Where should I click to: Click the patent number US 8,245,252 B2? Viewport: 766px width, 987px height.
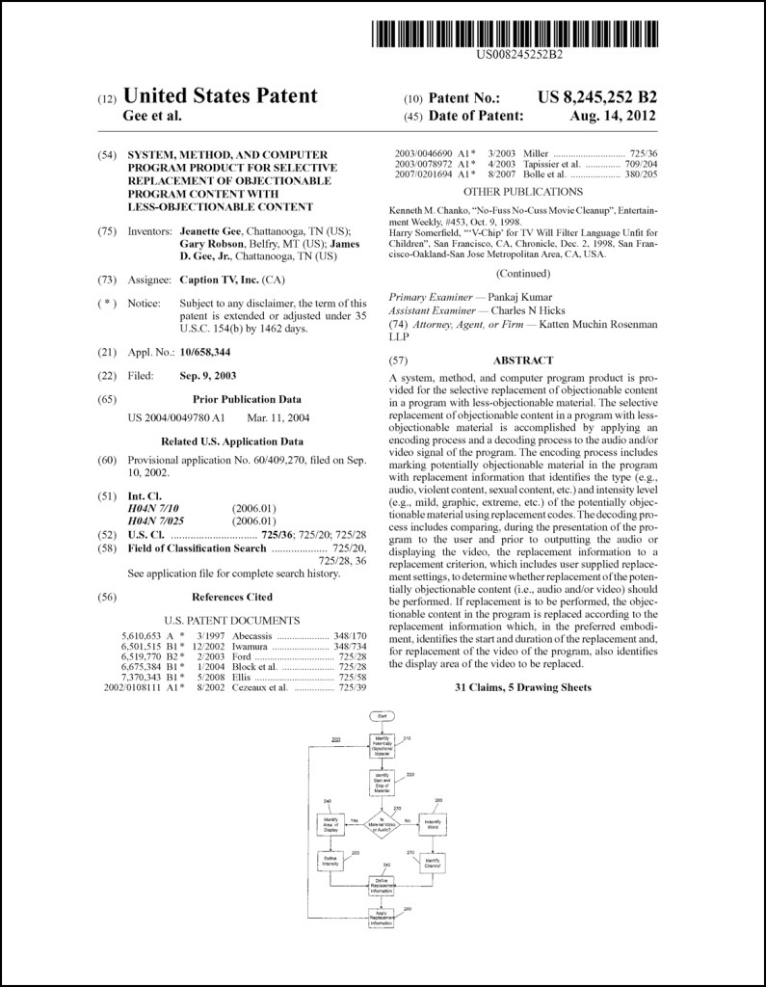597,96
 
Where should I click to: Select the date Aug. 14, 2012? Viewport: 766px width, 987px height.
613,116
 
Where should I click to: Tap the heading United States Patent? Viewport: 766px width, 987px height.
221,95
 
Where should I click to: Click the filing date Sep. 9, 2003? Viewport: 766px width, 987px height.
208,375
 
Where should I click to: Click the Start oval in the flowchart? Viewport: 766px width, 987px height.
383,716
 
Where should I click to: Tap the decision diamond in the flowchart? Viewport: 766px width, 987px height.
383,824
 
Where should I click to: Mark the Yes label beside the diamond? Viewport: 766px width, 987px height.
355,819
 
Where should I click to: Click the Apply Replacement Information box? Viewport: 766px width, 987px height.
383,918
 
